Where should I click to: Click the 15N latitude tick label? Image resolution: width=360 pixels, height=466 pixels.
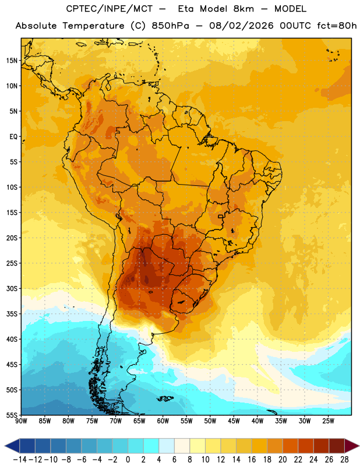click(x=12, y=61)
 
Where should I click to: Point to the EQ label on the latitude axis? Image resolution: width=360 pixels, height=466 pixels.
click(x=13, y=137)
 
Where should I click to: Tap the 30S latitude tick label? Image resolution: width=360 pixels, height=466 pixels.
click(x=12, y=288)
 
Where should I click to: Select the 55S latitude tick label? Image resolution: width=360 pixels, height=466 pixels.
click(x=12, y=415)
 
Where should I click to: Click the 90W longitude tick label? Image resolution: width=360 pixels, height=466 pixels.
click(x=22, y=421)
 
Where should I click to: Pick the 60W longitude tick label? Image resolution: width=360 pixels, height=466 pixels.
click(x=163, y=421)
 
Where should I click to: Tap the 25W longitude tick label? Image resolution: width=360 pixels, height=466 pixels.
click(x=328, y=421)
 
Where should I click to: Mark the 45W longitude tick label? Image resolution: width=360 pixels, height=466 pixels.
click(x=234, y=421)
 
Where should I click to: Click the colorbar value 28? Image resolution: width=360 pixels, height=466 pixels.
click(x=344, y=460)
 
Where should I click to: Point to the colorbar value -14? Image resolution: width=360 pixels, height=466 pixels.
click(x=20, y=460)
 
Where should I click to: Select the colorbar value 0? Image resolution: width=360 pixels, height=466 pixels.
click(x=128, y=460)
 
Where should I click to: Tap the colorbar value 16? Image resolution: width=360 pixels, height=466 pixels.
click(x=252, y=460)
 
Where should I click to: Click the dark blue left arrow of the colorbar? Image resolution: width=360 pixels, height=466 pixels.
click(x=12, y=446)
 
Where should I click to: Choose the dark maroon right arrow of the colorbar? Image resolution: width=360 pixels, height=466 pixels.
click(x=352, y=446)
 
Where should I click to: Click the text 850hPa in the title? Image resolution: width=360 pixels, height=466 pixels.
click(x=170, y=26)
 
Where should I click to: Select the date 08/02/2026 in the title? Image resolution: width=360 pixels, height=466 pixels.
click(x=241, y=26)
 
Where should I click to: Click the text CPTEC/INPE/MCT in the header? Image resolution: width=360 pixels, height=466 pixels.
click(x=109, y=9)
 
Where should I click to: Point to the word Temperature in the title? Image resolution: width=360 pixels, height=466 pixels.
click(x=93, y=26)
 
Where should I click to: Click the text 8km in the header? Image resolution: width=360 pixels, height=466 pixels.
click(x=243, y=9)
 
